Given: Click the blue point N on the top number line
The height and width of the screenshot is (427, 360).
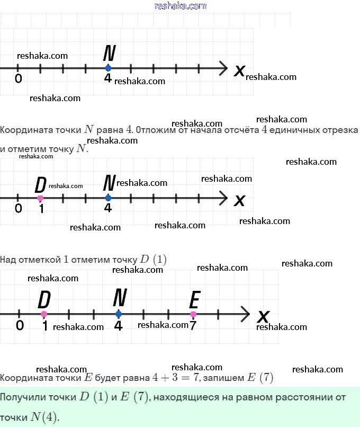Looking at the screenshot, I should tap(108, 68).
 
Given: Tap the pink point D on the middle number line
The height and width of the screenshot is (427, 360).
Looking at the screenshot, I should tap(40, 198).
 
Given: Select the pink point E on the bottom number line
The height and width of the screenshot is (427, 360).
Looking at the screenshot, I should tap(193, 314).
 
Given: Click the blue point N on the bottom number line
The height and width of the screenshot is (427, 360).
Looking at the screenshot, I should tap(118, 314).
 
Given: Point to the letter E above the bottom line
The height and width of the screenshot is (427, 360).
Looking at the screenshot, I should tap(194, 300).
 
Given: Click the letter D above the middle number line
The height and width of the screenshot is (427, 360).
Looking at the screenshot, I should tap(40, 185).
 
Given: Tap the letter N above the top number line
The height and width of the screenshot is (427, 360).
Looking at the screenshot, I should tap(110, 54).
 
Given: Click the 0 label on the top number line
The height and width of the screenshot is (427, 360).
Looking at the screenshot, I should tap(19, 79).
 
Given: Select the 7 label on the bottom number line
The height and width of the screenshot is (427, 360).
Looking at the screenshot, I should tap(193, 326).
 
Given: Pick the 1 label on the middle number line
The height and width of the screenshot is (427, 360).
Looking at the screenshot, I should tap(41, 209).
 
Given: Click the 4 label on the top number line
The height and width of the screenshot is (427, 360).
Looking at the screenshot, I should tap(108, 79).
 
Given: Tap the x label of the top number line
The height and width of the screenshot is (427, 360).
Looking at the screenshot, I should tap(239, 70).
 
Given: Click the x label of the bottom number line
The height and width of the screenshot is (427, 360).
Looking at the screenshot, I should tap(263, 317).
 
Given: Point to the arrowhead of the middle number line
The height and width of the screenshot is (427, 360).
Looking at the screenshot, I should tap(224, 198).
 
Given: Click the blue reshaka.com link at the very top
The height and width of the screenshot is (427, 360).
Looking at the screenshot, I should tap(180, 6).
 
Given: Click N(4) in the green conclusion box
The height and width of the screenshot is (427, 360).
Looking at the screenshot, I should tap(44, 417).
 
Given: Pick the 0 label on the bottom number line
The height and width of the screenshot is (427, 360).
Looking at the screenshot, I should tap(20, 325).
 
